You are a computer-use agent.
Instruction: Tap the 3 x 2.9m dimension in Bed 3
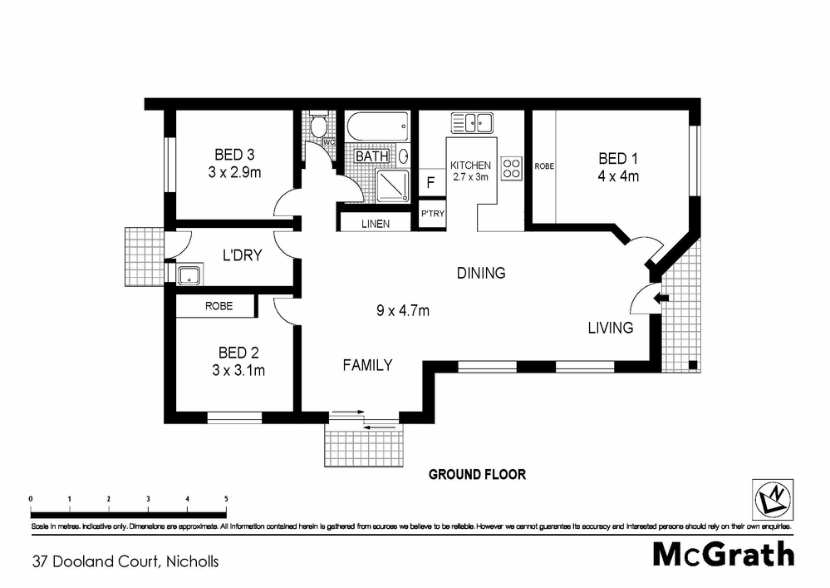[235, 173]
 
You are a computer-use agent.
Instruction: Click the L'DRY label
[241, 255]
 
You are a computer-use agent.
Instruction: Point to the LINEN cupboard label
[376, 224]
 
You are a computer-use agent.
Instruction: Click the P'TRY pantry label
[432, 215]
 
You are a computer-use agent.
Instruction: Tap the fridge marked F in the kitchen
[431, 182]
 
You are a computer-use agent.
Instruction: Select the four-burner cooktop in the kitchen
[511, 169]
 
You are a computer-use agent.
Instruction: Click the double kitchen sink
[472, 123]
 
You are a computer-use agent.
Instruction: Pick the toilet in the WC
[317, 126]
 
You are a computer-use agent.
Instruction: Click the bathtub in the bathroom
[377, 128]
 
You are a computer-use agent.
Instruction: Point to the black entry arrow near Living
[661, 297]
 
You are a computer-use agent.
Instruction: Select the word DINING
[481, 273]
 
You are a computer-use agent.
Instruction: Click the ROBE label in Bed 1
[544, 166]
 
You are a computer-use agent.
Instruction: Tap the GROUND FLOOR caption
[477, 475]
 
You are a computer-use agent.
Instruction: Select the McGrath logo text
[723, 553]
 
